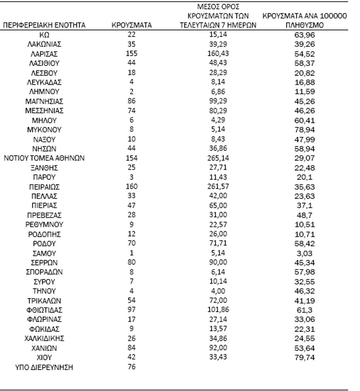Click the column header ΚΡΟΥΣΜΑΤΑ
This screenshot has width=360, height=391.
click(x=131, y=26)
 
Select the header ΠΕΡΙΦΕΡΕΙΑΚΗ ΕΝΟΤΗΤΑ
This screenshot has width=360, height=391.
click(x=45, y=26)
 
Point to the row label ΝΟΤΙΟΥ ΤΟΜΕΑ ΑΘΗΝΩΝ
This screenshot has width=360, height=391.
click(x=45, y=158)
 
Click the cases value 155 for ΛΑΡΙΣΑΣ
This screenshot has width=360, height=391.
click(x=132, y=54)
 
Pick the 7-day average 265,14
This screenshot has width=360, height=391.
click(x=218, y=158)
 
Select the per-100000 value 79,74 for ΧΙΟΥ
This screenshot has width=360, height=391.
click(x=305, y=358)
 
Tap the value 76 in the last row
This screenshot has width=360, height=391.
click(x=131, y=367)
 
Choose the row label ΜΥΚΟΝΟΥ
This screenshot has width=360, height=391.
click(x=45, y=130)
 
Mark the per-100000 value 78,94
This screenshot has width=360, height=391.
click(x=305, y=130)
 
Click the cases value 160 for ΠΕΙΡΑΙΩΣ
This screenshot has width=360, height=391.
click(x=132, y=186)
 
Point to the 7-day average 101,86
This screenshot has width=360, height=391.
click(x=218, y=310)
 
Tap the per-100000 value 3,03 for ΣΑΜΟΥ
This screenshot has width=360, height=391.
click(x=305, y=253)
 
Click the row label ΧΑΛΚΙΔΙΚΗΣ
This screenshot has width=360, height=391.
click(x=45, y=338)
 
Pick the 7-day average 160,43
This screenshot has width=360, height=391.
click(x=218, y=54)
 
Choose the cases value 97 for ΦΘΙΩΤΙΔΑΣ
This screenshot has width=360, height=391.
click(x=131, y=310)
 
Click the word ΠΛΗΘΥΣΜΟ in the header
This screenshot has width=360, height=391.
click(x=305, y=26)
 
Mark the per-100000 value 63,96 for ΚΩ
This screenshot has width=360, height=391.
click(x=305, y=35)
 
